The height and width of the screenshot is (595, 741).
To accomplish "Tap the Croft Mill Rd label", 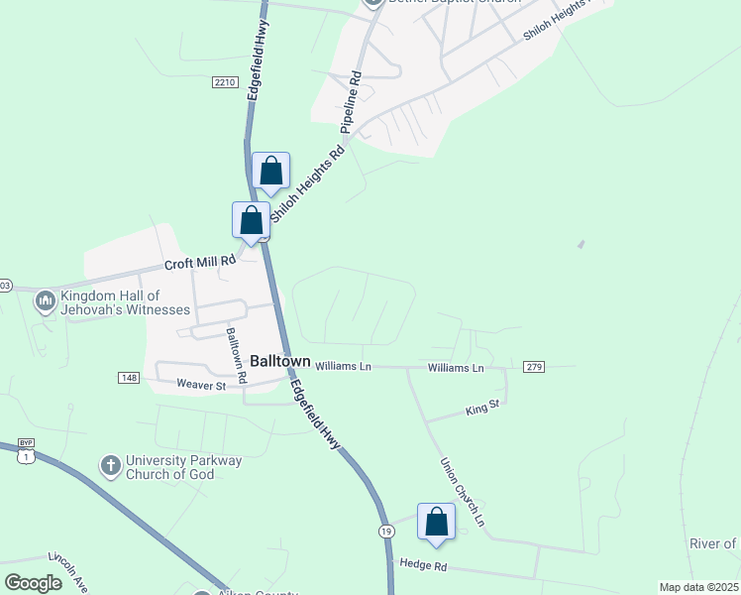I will click(x=200, y=263).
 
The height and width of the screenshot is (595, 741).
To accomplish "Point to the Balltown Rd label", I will click(x=235, y=355).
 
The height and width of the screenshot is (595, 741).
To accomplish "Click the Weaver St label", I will click(x=202, y=384).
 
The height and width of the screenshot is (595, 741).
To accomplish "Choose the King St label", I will click(x=481, y=408).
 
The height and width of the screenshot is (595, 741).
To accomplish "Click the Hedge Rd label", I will click(x=424, y=564).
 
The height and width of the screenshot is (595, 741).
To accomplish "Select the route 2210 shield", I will click(x=225, y=82).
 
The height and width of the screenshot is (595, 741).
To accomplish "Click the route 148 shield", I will click(x=128, y=377).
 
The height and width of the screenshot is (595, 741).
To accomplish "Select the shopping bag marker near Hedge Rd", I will click(x=436, y=522).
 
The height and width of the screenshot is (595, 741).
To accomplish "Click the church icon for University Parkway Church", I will click(x=110, y=464).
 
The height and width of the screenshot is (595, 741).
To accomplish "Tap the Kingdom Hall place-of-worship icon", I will click(x=45, y=299).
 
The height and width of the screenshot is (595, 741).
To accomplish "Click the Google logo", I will click(x=34, y=583).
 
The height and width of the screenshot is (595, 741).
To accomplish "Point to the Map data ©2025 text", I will click(x=698, y=587).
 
